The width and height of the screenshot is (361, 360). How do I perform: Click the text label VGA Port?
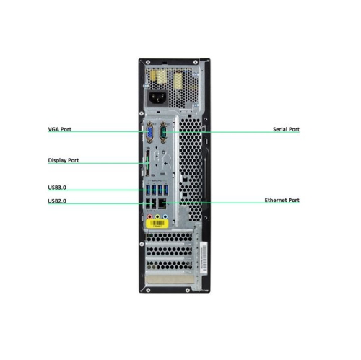click(60, 129)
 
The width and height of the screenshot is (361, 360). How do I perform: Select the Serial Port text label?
click(286, 129)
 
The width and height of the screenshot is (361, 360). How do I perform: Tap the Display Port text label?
click(64, 160)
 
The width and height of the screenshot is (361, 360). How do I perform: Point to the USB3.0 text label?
click(57, 188)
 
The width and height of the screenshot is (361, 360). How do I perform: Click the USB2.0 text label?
click(57, 201)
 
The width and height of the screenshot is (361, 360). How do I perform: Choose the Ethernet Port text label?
click(282, 200)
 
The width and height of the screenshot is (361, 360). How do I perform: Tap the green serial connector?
click(163, 133)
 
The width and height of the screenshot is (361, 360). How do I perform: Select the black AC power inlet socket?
click(157, 97)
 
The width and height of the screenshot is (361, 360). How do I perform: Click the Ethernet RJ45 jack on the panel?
click(162, 204)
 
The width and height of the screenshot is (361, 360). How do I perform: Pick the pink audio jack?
click(149, 216)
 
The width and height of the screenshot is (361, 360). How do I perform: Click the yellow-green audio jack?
click(157, 216)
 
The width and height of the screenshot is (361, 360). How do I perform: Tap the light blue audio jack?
click(165, 216)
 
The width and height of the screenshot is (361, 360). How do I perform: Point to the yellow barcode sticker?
click(157, 224)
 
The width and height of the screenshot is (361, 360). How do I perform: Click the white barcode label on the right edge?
click(204, 258)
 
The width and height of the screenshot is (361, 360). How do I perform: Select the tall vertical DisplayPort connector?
click(147, 164)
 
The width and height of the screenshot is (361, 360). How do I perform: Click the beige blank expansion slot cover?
click(170, 279)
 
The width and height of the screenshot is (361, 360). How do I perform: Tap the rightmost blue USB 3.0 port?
click(165, 190)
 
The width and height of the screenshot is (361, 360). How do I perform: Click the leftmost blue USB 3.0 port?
click(148, 190)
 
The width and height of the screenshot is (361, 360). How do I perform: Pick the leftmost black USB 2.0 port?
click(148, 204)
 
